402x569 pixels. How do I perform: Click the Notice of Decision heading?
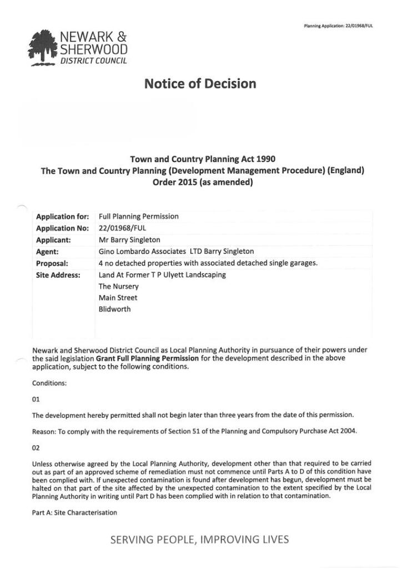[200, 84]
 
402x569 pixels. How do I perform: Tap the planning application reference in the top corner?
[338, 26]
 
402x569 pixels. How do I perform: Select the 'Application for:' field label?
[62, 217]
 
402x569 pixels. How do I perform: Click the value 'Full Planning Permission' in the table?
[138, 217]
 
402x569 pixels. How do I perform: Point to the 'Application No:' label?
[62, 228]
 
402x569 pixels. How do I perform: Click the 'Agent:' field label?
[48, 252]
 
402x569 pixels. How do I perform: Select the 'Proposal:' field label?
[52, 263]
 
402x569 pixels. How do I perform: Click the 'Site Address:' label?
[58, 275]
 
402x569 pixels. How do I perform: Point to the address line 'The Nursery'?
[118, 287]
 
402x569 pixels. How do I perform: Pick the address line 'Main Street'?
[118, 298]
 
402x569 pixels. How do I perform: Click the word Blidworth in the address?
[114, 310]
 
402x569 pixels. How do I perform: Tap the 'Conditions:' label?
[49, 383]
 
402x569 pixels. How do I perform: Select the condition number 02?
[37, 447]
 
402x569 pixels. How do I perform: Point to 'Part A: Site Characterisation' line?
[74, 512]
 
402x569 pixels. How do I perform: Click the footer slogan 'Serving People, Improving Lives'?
[200, 540]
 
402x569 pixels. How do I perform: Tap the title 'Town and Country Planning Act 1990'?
[202, 159]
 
